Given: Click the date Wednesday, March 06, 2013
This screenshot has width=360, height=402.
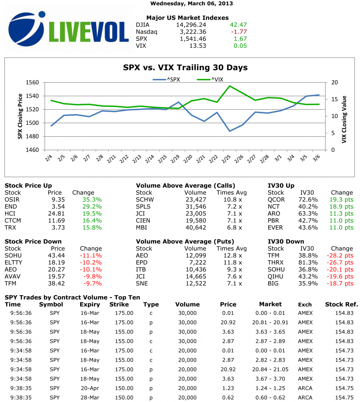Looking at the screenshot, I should click(x=192, y=4).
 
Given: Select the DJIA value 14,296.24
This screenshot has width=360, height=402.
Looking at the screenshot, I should click(x=191, y=25).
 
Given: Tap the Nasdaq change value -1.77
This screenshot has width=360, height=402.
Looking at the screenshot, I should click(x=238, y=32).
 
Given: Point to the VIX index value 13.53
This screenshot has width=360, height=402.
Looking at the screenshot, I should click(x=198, y=46).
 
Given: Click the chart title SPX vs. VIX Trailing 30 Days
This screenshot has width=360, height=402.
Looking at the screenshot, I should click(x=185, y=68).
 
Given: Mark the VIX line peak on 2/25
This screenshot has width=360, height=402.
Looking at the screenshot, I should click(x=230, y=86).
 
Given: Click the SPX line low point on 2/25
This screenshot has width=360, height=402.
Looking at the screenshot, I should click(x=230, y=131).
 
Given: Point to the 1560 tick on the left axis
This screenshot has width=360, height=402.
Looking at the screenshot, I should click(x=33, y=82).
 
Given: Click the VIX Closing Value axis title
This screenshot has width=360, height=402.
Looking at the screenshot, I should click(x=344, y=117).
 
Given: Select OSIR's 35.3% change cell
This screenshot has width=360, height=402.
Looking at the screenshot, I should click(x=92, y=199).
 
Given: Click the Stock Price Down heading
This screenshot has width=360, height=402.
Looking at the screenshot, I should click(x=33, y=241).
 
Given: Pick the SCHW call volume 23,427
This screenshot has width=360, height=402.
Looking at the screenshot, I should click(x=196, y=199).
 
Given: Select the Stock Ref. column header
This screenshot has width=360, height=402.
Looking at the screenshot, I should click(x=342, y=304).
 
